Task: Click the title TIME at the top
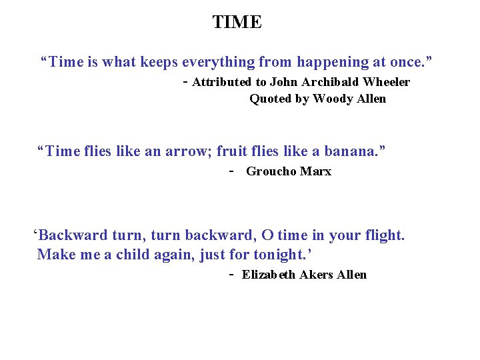(237, 22)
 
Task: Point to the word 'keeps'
(159, 62)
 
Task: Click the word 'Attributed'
(221, 82)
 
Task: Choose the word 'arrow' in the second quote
(187, 151)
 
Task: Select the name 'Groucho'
(271, 171)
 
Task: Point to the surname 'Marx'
(315, 171)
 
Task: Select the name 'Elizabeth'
(269, 275)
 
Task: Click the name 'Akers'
(317, 275)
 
